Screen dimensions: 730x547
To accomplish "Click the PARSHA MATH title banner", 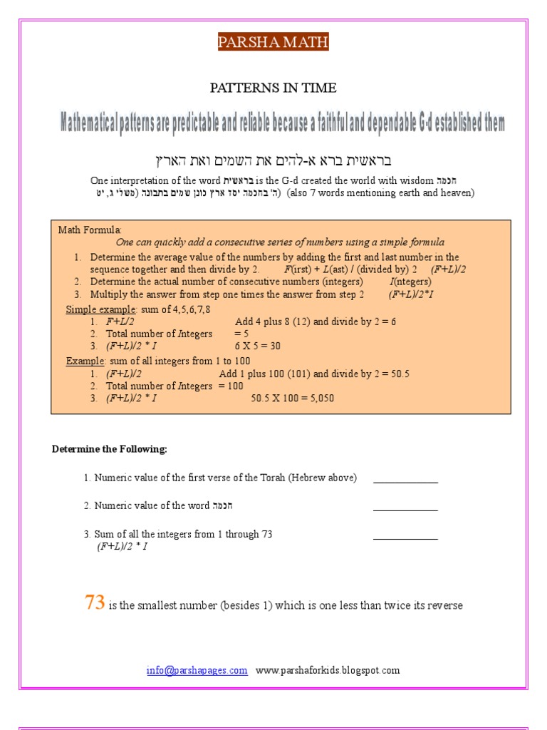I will pyautogui.click(x=273, y=43).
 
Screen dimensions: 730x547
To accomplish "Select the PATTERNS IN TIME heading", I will pyautogui.click(x=273, y=88).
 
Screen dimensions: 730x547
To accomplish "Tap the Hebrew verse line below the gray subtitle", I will pyautogui.click(x=273, y=160).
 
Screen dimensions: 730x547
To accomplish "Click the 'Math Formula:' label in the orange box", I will pyautogui.click(x=90, y=230).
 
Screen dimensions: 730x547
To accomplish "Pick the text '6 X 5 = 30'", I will pyautogui.click(x=258, y=346).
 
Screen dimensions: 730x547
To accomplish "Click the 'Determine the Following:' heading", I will pyautogui.click(x=110, y=449).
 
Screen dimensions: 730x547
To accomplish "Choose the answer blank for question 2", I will pyautogui.click(x=405, y=509).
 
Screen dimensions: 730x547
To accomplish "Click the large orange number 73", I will pyautogui.click(x=95, y=603).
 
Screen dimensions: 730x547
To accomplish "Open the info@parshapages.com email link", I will pyautogui.click(x=197, y=670).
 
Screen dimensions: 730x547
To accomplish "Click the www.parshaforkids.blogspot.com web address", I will pyautogui.click(x=328, y=670).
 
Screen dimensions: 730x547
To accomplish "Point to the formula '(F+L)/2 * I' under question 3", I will pyautogui.click(x=123, y=547).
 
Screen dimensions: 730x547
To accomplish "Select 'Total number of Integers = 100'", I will pyautogui.click(x=174, y=386).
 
